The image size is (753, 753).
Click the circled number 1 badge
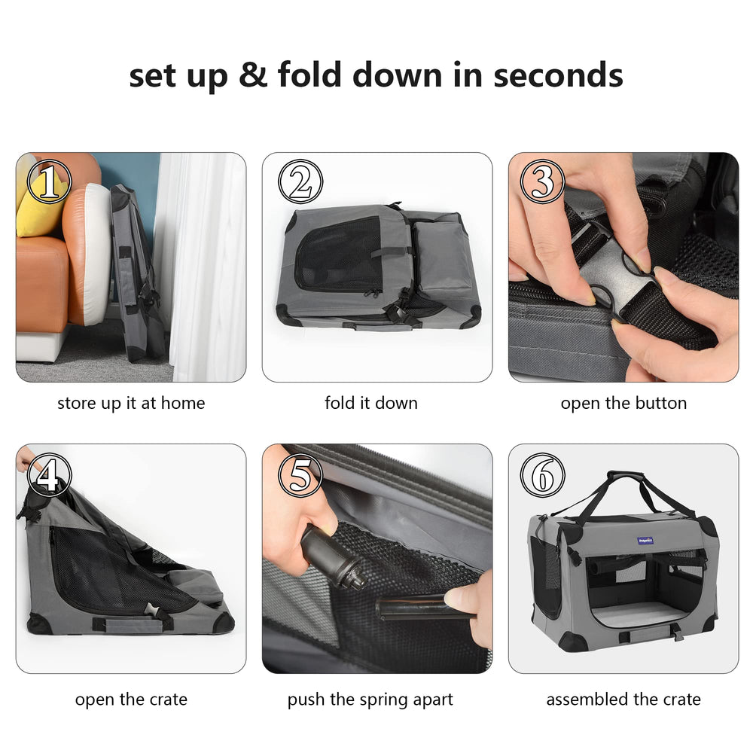(50, 181)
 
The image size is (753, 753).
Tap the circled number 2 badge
(300, 181)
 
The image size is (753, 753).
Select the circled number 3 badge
(543, 181)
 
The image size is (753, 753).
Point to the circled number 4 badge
(50, 475)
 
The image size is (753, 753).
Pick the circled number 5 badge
(300, 475)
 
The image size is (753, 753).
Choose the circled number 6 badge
(543, 475)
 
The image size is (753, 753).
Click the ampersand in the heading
(252, 75)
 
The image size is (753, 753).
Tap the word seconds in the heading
(558, 75)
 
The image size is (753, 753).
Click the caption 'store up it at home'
(131, 403)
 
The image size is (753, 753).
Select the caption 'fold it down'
(371, 402)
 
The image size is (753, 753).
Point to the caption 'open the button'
(623, 403)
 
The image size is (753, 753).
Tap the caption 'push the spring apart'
(370, 700)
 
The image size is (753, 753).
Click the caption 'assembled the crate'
(623, 700)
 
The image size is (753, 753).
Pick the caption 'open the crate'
(131, 700)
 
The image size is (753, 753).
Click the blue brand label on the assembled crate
(645, 541)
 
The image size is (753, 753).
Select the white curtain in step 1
(202, 267)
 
